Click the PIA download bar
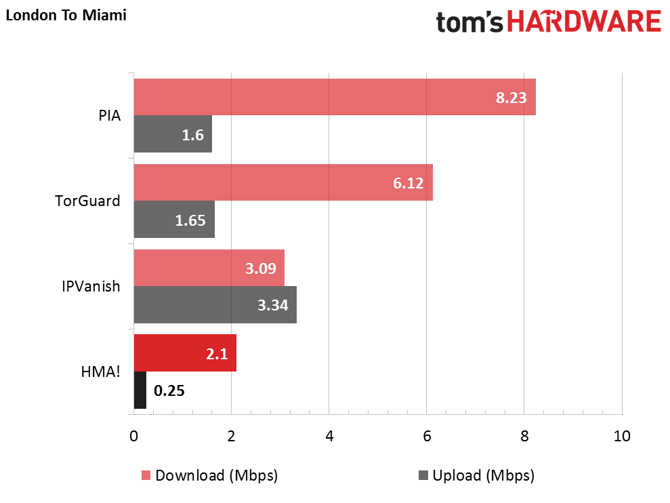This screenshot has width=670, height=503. click(335, 97)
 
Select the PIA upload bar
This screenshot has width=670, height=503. click(173, 134)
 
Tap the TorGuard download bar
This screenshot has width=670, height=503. click(283, 182)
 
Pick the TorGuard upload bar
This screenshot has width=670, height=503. click(174, 220)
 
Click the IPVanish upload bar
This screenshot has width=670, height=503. click(215, 305)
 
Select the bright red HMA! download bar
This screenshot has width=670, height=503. click(185, 353)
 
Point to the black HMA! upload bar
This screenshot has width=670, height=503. click(140, 390)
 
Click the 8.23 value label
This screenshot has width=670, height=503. click(511, 98)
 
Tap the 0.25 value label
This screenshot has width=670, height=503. click(169, 391)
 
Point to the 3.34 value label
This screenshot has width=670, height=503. click(272, 306)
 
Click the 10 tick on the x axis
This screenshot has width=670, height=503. click(621, 436)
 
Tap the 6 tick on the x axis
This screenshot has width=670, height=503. click(426, 436)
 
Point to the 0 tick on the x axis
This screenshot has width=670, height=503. click(133, 436)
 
